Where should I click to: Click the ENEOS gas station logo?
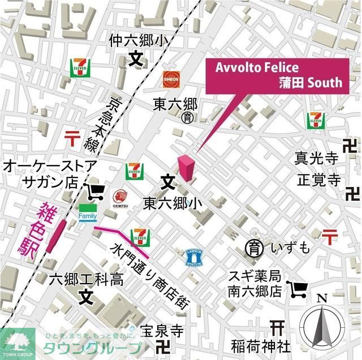171,79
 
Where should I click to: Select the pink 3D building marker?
186,167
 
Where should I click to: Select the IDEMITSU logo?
119,198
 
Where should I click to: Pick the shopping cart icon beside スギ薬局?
298,289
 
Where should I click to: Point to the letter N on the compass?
321,298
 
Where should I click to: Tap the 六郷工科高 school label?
86,279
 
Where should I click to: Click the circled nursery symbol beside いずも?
253,247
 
